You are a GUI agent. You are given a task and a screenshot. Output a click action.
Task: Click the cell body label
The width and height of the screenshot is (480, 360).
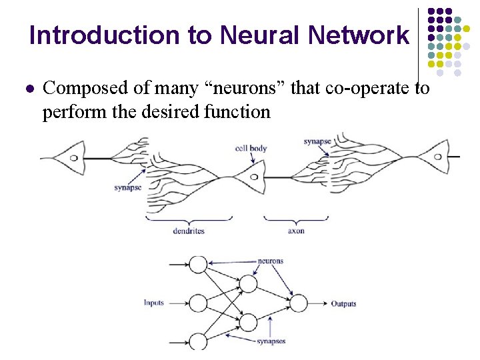tap(251, 147)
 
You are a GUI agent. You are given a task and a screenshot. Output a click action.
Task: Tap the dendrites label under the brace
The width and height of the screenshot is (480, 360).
tap(189, 231)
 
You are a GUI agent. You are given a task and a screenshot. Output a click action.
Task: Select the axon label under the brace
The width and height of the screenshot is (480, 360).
tap(296, 231)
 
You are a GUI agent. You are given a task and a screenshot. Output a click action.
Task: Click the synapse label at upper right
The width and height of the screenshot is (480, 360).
tap(317, 141)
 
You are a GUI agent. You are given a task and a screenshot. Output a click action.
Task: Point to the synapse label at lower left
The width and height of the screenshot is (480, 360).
tap(127, 188)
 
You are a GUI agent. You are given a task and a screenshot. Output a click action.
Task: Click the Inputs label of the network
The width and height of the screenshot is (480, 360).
tap(153, 303)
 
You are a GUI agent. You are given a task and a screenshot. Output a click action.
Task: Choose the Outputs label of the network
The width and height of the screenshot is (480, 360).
tap(343, 304)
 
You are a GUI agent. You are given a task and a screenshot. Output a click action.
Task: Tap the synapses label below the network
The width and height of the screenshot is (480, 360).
tap(271, 341)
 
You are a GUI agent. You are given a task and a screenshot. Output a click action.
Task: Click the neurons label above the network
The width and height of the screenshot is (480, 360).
tap(271, 261)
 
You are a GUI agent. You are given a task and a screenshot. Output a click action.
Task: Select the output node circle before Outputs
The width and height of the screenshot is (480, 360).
tap(298, 303)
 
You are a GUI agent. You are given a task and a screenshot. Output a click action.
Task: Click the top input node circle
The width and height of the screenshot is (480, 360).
tap(199, 264)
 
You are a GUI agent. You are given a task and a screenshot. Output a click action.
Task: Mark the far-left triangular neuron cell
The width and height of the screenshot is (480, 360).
tap(67, 159)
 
